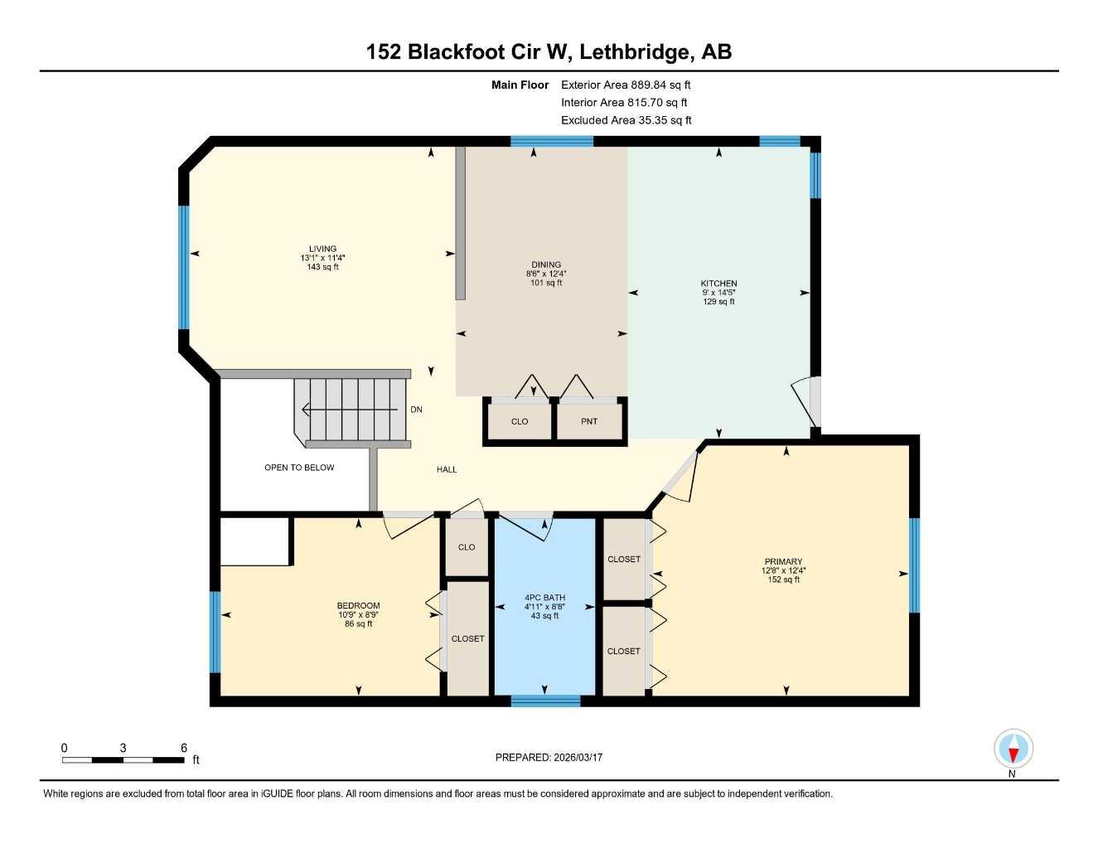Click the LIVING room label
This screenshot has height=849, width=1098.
point(322,249)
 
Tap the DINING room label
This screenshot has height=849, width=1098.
point(546,265)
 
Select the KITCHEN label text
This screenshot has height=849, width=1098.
point(718,284)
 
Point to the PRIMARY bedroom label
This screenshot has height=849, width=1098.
point(783,561)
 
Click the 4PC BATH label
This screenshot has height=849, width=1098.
point(544,597)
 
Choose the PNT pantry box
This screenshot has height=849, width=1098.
point(589,421)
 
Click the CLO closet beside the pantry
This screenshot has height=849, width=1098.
point(520,421)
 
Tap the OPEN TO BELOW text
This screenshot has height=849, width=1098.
point(299,468)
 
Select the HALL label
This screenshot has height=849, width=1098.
point(447,469)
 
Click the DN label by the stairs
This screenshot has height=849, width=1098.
point(416,410)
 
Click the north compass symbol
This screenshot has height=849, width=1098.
point(1013,750)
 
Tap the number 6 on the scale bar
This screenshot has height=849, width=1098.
point(184,748)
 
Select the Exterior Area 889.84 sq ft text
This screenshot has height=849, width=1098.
point(626,85)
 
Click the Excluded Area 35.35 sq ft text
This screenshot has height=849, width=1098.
point(626,120)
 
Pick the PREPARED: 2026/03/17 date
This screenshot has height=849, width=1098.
point(549,757)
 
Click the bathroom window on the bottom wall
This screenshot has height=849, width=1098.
point(545,701)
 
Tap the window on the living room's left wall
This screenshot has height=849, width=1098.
point(184,267)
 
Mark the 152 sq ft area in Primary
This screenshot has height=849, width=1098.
point(783,580)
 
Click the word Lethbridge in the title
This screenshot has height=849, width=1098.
point(634,52)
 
